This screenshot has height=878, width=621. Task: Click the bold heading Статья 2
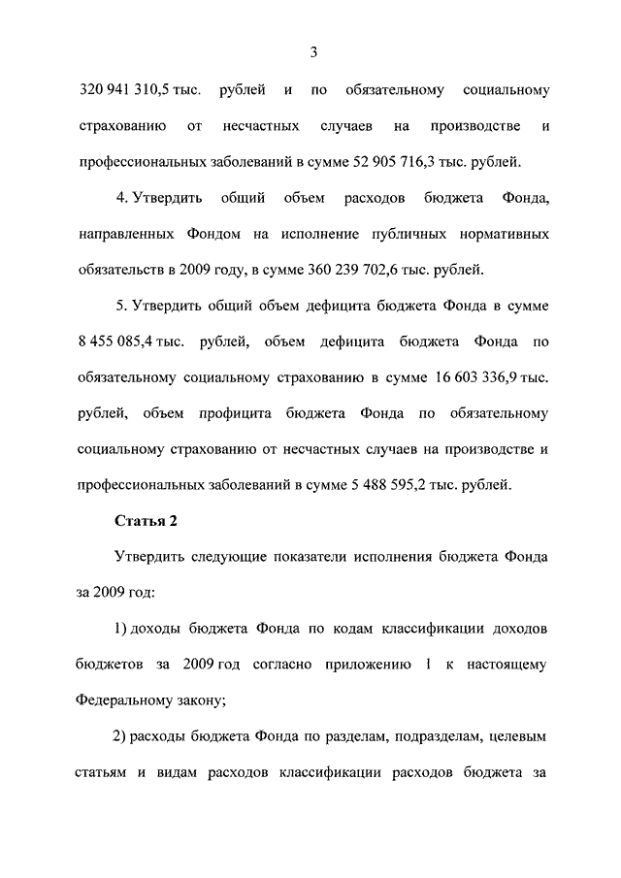[146, 521]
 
